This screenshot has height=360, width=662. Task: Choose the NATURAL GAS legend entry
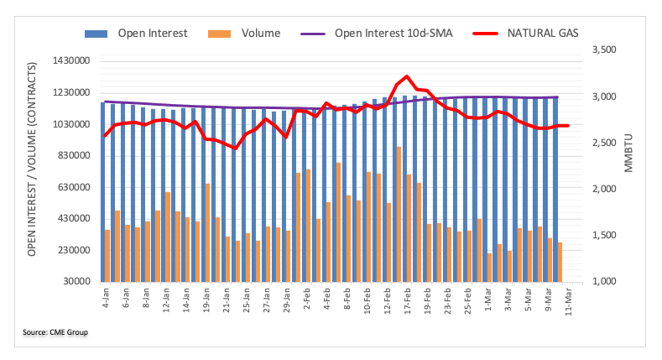point(543,34)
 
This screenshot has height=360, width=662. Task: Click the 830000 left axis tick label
point(72,156)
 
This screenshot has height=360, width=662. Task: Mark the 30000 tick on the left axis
point(75,282)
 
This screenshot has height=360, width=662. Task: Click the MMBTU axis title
point(628,154)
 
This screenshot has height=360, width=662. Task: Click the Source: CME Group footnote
point(55,333)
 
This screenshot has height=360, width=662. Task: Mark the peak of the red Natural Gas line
point(407,77)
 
